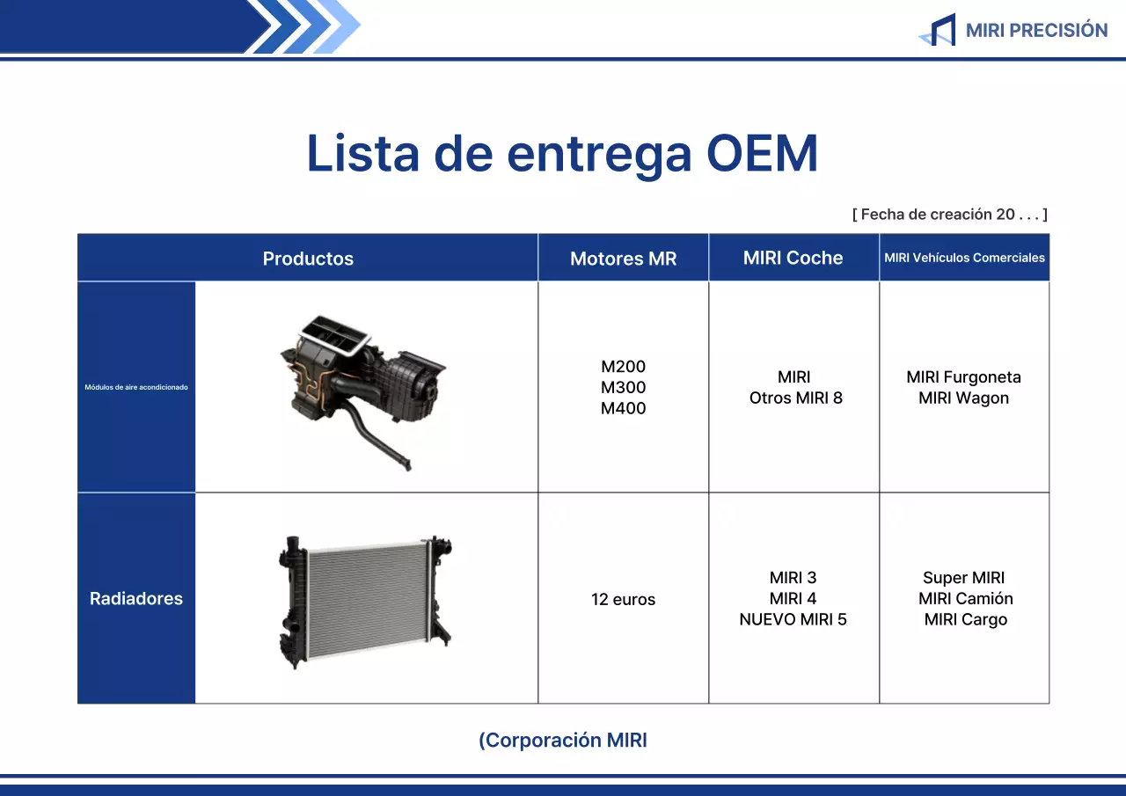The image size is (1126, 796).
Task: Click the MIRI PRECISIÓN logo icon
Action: [938, 30]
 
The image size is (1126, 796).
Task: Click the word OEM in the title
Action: [762, 153]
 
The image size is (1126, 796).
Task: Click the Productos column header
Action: [308, 259]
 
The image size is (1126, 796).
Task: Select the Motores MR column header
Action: [623, 259]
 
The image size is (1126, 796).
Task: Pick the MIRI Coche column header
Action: [793, 258]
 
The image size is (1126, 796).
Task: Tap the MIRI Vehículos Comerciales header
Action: [964, 258]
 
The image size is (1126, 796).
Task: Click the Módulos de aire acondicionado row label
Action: [136, 387]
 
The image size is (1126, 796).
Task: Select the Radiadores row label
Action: [136, 598]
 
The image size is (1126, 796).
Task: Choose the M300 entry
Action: [623, 387]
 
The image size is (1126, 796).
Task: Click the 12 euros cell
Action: [623, 600]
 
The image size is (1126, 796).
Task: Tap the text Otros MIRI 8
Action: [795, 398]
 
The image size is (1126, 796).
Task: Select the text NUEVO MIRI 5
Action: [793, 619]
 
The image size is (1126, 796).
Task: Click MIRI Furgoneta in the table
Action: [963, 377]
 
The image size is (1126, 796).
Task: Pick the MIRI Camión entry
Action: [965, 598]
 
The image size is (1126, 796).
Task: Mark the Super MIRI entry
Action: [963, 578]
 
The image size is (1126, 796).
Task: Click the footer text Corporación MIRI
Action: [563, 741]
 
